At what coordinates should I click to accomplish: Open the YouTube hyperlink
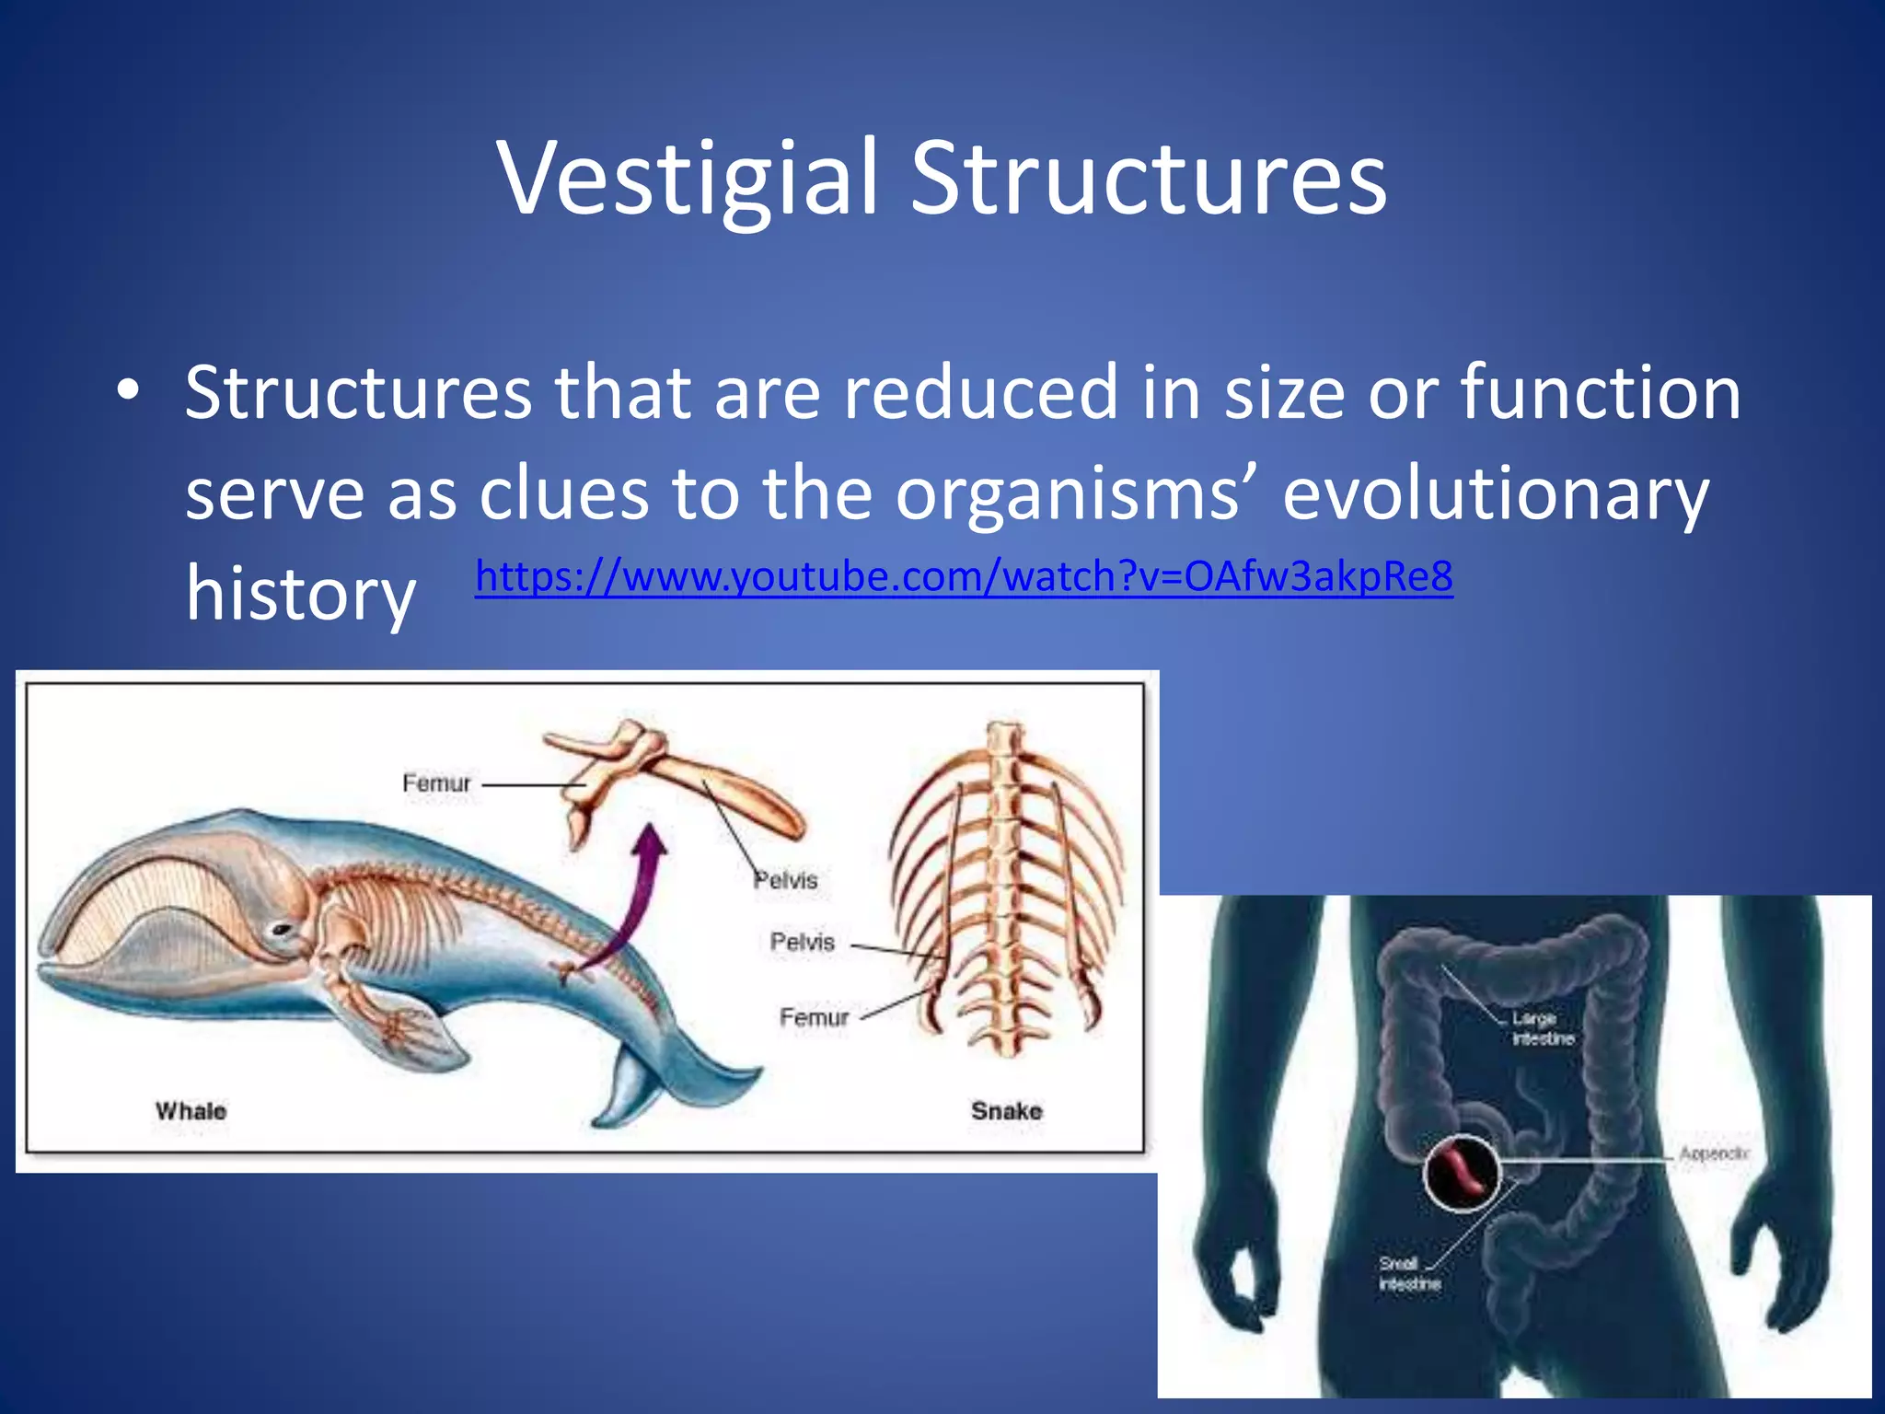click(964, 577)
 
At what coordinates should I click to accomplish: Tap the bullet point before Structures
click(128, 391)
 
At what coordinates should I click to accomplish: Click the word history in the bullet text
click(301, 594)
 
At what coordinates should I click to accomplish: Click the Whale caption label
click(191, 1110)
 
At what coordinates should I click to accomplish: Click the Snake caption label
click(1006, 1110)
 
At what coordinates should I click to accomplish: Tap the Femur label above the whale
click(435, 783)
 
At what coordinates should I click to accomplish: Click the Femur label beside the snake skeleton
click(814, 1017)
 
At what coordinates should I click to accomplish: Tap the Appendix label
click(1714, 1153)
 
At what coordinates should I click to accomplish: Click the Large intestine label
click(1543, 1028)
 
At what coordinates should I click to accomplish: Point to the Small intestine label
click(1409, 1273)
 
